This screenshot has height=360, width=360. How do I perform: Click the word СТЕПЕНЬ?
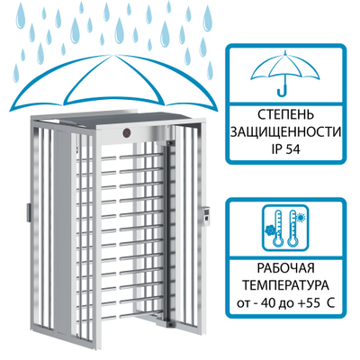tap(286, 115)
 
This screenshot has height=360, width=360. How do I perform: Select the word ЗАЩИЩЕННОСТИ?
tap(286, 132)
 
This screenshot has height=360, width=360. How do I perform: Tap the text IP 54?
tap(286, 149)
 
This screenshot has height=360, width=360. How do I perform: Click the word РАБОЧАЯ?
tap(286, 268)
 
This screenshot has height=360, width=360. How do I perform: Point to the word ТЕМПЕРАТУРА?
tap(286, 285)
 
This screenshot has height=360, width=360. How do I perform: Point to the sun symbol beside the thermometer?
tap(300, 217)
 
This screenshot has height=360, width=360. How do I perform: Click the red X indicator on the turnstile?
tap(128, 132)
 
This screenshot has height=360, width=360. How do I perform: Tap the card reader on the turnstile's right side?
tap(207, 216)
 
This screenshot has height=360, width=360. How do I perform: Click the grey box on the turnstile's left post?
tap(28, 212)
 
